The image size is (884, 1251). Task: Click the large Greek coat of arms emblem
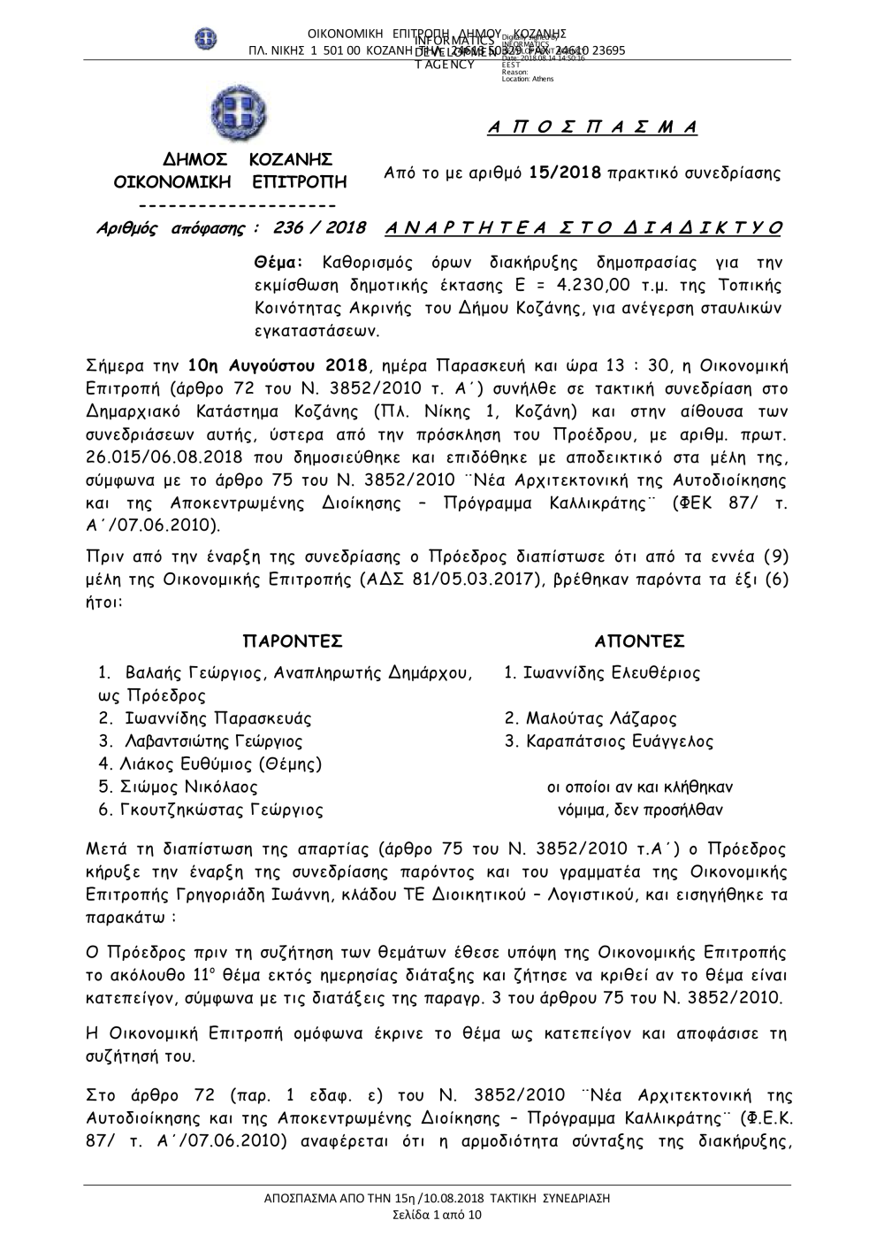pos(238,113)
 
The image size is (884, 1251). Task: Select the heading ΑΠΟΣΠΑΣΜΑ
pos(593,127)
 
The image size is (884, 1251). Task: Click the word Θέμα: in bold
pos(278,263)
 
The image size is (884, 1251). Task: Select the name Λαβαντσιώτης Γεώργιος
pos(214,741)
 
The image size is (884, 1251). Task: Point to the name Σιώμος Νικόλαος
pos(191,787)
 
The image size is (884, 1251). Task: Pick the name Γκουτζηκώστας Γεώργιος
pos(225,809)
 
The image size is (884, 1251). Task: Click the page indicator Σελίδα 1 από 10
pos(438,1215)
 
